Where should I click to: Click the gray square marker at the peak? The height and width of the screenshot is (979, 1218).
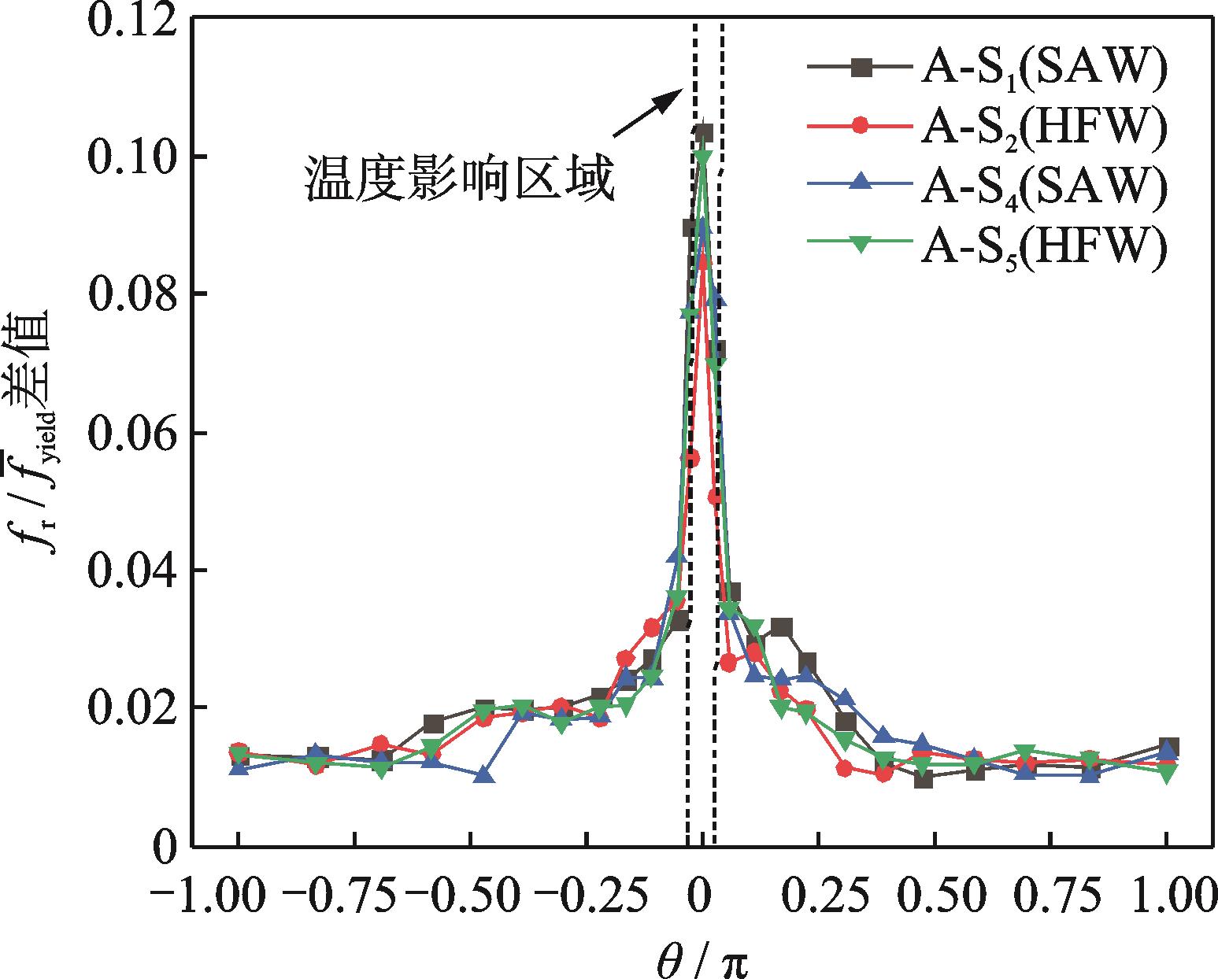(704, 132)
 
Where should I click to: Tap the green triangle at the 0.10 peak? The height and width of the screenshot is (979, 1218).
(704, 158)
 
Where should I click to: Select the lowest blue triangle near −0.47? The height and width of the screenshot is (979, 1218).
(484, 775)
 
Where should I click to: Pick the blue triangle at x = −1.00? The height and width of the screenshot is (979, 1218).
(239, 767)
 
